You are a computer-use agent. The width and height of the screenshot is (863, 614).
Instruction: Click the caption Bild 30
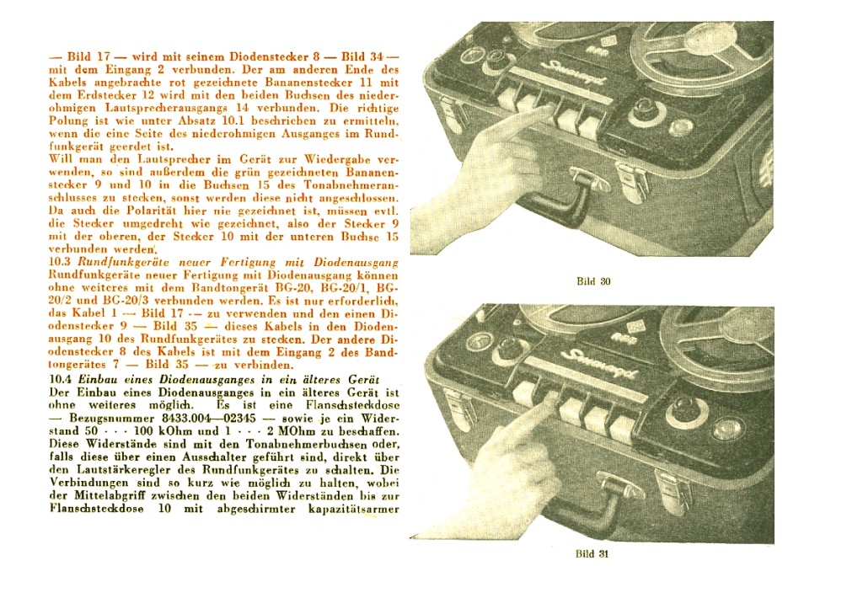593,281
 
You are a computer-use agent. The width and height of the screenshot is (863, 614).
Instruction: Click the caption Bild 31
592,554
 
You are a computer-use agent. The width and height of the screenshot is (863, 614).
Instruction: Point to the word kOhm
171,430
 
